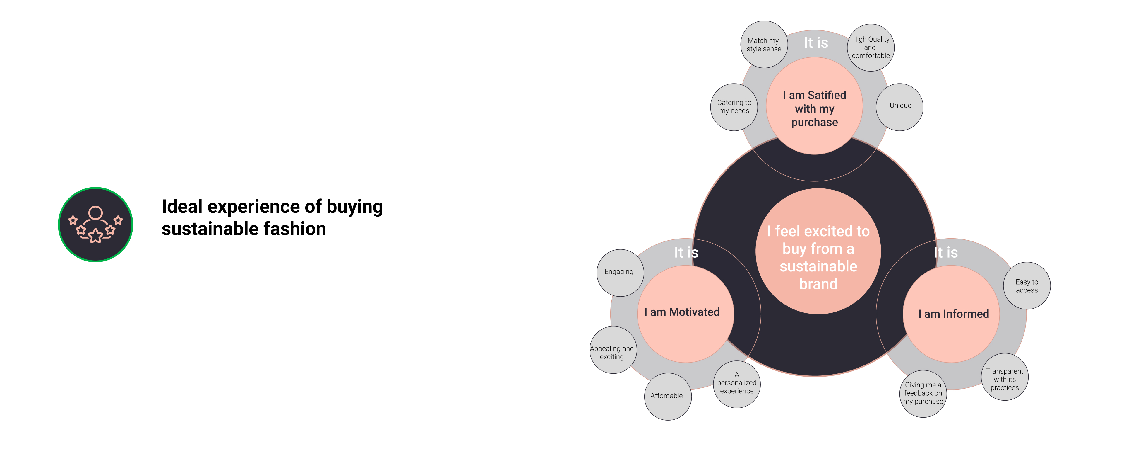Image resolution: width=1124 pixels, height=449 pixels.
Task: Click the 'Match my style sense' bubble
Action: tap(764, 45)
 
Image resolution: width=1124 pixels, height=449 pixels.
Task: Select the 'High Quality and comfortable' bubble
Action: tap(871, 47)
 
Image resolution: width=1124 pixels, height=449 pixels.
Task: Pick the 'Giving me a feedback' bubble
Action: tap(923, 394)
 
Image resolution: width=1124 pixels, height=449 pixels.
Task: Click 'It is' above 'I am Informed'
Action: tap(945, 252)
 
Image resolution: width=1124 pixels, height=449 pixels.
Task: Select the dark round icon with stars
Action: tap(95, 224)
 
